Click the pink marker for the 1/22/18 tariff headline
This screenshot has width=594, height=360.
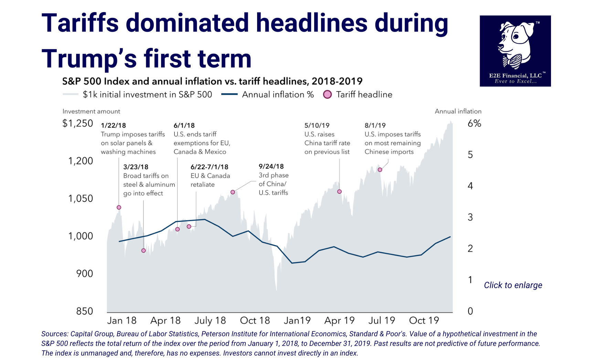pyautogui.click(x=119, y=207)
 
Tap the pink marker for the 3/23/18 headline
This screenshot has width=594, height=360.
pyautogui.click(x=144, y=251)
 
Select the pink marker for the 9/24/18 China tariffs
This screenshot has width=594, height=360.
pyautogui.click(x=233, y=192)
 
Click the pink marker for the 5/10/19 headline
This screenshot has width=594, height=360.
pyautogui.click(x=339, y=191)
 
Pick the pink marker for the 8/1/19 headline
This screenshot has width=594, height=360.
pyautogui.click(x=380, y=170)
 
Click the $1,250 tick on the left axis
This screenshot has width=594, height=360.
pyautogui.click(x=78, y=123)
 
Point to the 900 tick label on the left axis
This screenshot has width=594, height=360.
pyautogui.click(x=85, y=274)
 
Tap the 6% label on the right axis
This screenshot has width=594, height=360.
pyautogui.click(x=474, y=124)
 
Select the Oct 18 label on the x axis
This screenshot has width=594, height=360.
pyautogui.click(x=255, y=320)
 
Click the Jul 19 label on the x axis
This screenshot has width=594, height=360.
pyautogui.click(x=381, y=320)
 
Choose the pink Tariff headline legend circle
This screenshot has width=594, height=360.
pyautogui.click(x=327, y=94)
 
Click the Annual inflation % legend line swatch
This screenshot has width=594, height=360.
pyautogui.click(x=229, y=94)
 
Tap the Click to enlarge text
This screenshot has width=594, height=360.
pyautogui.click(x=513, y=285)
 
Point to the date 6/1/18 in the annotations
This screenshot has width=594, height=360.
pyautogui.click(x=184, y=126)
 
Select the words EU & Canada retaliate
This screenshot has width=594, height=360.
pyautogui.click(x=210, y=180)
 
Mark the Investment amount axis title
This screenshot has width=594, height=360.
pyautogui.click(x=91, y=111)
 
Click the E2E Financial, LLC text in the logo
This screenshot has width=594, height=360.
pyautogui.click(x=515, y=75)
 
